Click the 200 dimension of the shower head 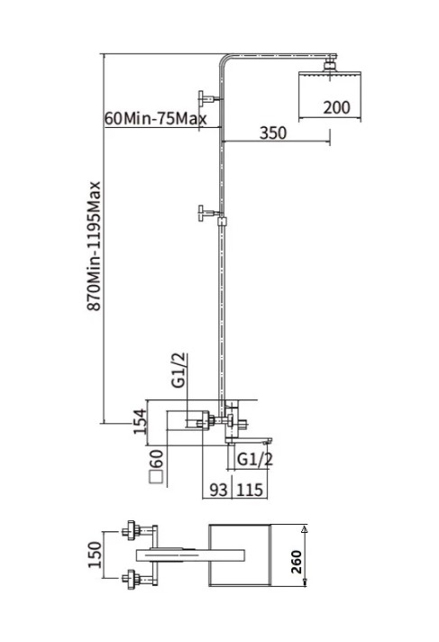click(x=336, y=107)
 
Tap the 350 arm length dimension click(x=273, y=133)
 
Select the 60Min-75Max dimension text click(x=156, y=118)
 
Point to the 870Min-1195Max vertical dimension click(x=94, y=245)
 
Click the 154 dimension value click(x=140, y=421)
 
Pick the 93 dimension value click(x=218, y=490)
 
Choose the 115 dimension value click(x=250, y=490)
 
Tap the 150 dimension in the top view click(x=95, y=555)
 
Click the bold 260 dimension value click(x=297, y=562)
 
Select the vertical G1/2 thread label click(x=179, y=371)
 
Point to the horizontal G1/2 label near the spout click(x=255, y=459)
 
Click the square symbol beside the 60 click(x=156, y=478)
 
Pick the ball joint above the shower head click(x=330, y=66)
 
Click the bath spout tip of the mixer click(x=269, y=441)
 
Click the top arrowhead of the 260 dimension click(x=304, y=529)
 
